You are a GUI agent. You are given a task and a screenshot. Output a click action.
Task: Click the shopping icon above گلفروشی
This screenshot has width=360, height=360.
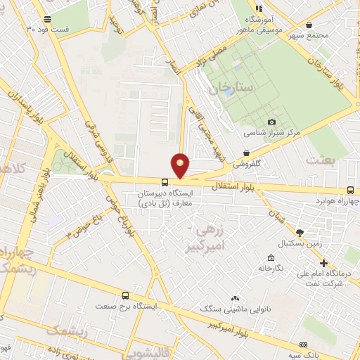246,153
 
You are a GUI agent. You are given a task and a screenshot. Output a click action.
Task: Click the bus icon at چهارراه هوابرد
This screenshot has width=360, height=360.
350,189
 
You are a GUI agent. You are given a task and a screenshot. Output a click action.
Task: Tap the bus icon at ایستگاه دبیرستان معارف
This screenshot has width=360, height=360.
165,182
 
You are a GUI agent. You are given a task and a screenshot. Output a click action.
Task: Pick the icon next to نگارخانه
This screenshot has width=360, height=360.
271,257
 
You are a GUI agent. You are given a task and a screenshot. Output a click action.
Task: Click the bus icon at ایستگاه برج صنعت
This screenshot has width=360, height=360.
126,296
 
